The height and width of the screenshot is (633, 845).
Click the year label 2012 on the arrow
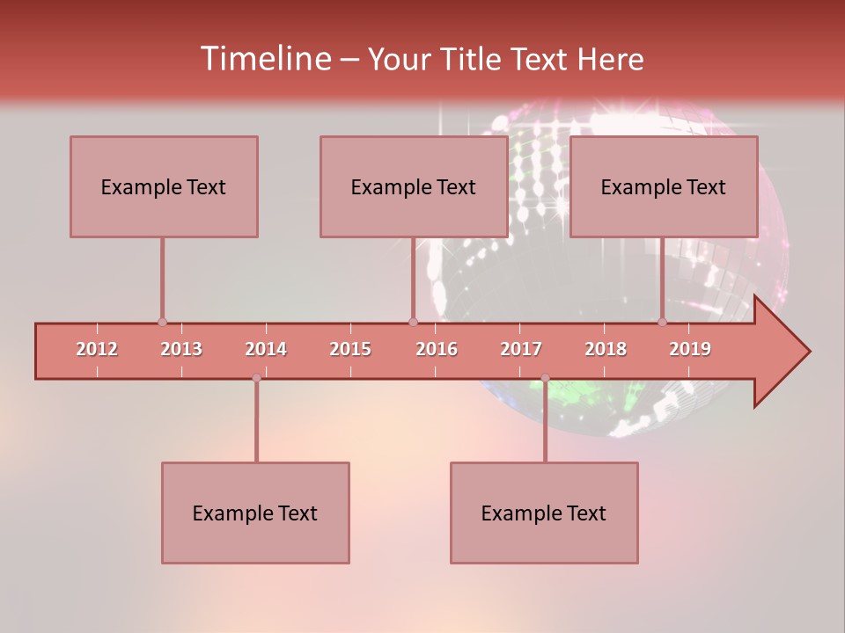click(97, 349)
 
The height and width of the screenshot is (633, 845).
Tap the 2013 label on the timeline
click(181, 349)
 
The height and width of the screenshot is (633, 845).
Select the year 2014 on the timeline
click(266, 349)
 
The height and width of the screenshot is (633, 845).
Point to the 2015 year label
click(350, 349)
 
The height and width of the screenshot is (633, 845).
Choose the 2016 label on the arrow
click(437, 349)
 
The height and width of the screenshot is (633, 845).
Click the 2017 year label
click(521, 349)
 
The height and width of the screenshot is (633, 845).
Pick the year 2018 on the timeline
click(606, 349)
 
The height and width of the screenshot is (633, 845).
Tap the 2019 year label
click(690, 349)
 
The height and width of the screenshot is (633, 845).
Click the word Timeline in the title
click(263, 59)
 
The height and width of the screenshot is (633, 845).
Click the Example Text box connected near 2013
click(164, 186)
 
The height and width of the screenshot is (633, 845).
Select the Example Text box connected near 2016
click(414, 186)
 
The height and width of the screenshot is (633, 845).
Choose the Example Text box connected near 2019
click(664, 186)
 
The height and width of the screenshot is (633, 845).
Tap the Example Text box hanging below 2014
click(255, 513)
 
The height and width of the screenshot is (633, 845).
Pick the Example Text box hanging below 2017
click(544, 513)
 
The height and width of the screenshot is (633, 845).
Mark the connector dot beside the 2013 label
click(162, 322)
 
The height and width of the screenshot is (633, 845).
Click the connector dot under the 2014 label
click(256, 378)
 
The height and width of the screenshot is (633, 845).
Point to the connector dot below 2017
click(545, 378)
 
